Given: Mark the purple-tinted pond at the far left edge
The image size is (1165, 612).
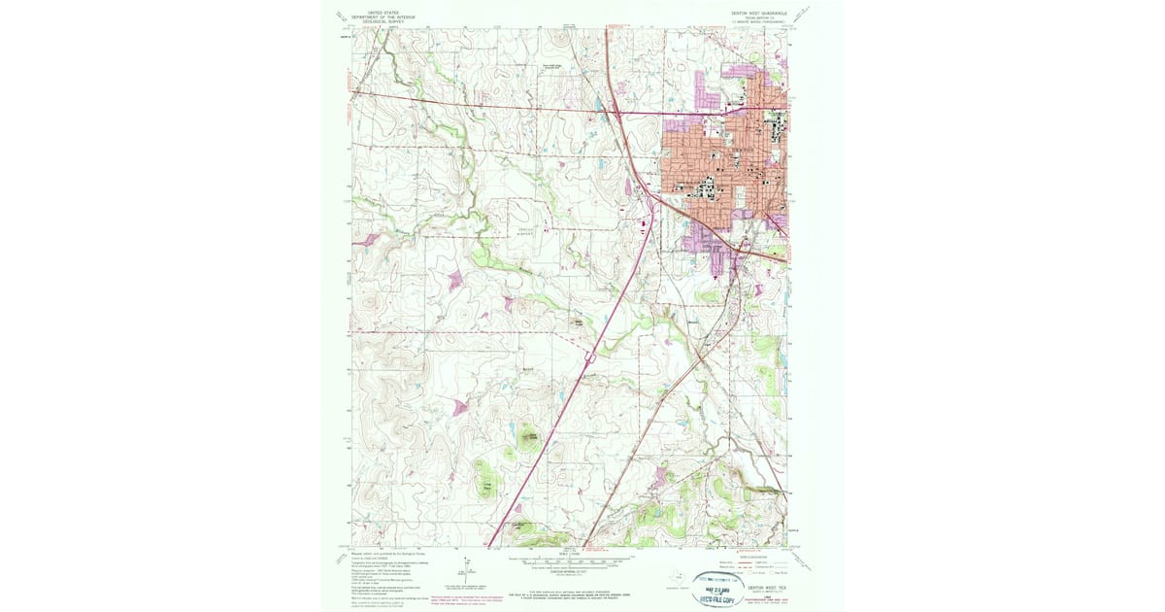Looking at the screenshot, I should coord(368,239).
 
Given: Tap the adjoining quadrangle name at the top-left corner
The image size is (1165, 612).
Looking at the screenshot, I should coord(340,16).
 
